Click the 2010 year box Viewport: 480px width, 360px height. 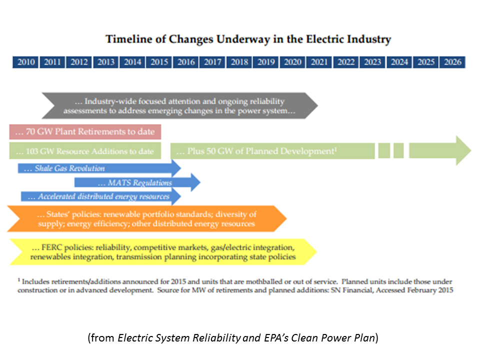26,62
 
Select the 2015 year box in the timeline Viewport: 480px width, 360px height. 159,62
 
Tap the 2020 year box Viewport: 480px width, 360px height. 292,62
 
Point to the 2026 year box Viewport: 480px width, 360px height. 452,62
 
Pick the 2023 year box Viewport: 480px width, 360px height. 372,62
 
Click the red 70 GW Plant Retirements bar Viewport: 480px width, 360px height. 85,132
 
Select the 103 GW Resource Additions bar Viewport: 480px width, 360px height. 85,151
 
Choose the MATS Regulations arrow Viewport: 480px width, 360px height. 135,183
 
